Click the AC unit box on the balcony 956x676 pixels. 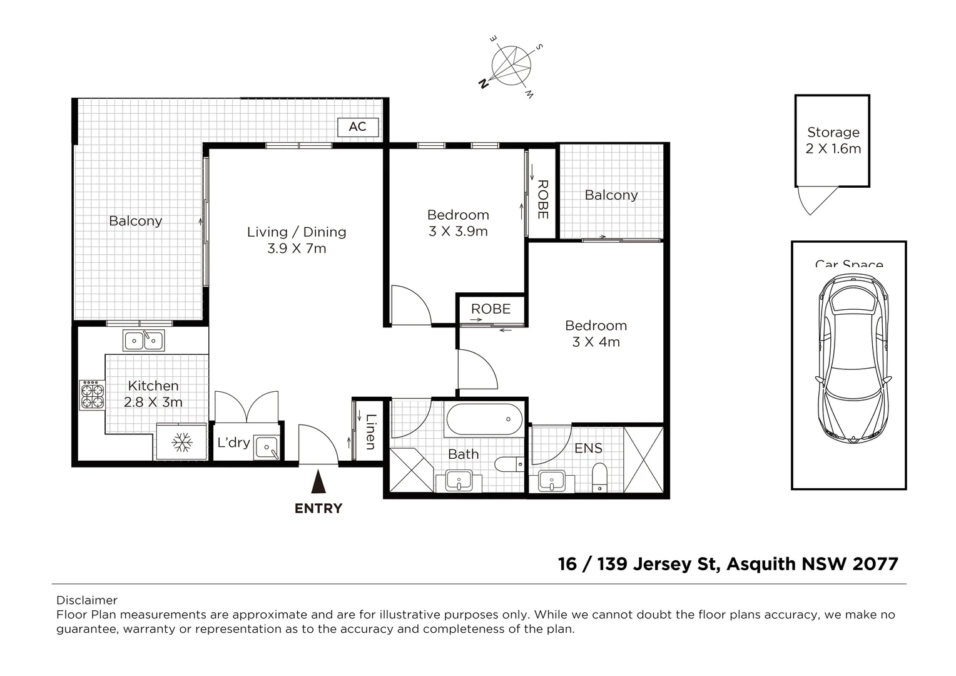click(357, 127)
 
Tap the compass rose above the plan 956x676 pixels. click(512, 64)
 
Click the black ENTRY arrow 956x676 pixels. click(318, 483)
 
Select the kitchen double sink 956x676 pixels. click(145, 341)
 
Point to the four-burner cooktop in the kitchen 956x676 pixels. click(92, 395)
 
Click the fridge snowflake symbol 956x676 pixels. click(181, 443)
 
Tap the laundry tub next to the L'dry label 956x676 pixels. click(267, 448)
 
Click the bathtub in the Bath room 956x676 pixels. click(484, 419)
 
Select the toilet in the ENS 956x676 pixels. click(600, 478)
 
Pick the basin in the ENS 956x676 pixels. click(551, 481)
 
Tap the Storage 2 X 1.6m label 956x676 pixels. click(833, 140)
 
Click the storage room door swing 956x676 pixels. click(813, 200)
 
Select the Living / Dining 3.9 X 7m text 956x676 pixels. click(297, 240)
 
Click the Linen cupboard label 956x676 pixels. click(370, 432)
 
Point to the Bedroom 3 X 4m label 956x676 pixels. click(596, 334)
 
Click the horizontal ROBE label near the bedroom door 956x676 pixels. click(491, 309)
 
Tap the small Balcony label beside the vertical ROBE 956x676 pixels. click(611, 195)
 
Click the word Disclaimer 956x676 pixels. click(87, 600)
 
